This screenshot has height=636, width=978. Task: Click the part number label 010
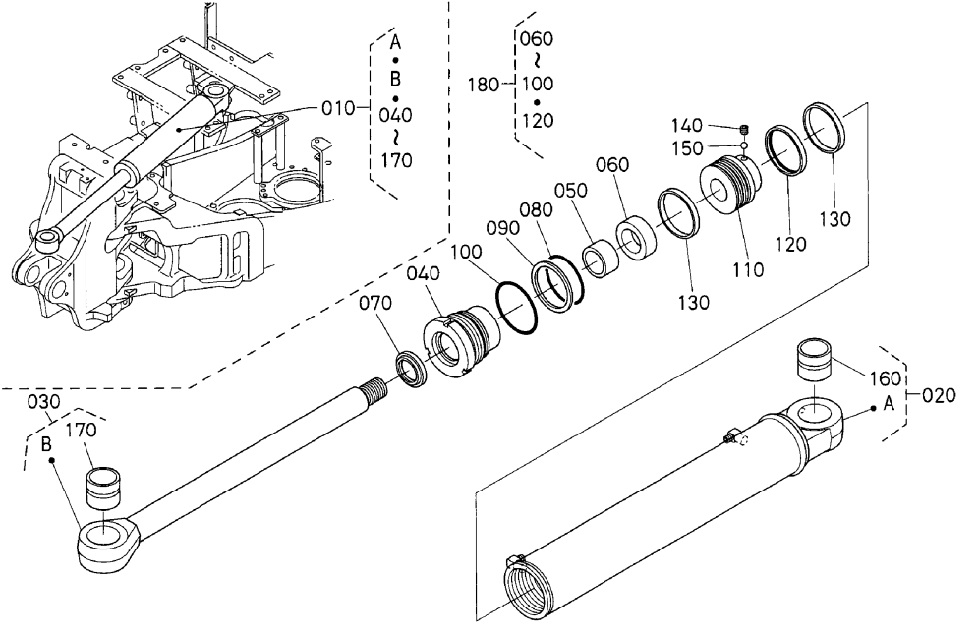tap(337, 108)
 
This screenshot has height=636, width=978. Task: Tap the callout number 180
tap(484, 85)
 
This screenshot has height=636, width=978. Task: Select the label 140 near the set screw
tap(686, 125)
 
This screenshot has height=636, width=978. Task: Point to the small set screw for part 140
tap(743, 130)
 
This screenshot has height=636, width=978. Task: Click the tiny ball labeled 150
tap(743, 145)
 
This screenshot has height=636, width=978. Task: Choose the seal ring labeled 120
tap(785, 151)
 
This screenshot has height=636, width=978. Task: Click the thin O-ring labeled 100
tap(516, 307)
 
